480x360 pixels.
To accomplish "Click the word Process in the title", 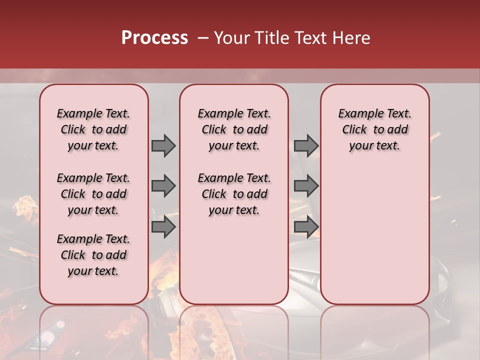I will (x=154, y=38).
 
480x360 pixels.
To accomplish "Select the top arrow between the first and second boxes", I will (x=163, y=145).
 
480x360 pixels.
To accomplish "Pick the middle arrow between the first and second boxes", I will (x=163, y=186).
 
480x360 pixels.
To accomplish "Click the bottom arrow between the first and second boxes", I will (x=163, y=227).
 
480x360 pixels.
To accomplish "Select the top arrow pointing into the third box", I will (x=306, y=145).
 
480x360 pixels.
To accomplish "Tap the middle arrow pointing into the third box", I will (x=306, y=186).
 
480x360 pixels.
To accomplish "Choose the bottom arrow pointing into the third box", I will (x=306, y=227).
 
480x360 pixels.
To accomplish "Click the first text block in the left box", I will (x=93, y=129).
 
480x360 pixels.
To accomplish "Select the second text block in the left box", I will (x=93, y=194).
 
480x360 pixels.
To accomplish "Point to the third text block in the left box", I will (x=93, y=255).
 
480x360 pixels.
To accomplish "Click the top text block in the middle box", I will (x=234, y=129).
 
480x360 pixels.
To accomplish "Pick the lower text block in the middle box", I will (x=234, y=194).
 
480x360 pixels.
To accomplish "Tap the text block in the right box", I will (x=374, y=129).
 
